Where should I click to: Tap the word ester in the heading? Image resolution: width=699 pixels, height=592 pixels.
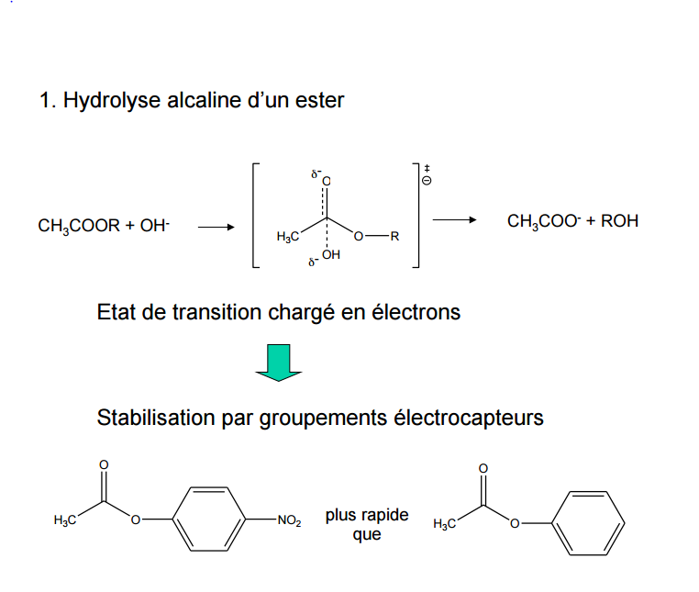319,100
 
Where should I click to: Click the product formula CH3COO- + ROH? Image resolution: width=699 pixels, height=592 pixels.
572,221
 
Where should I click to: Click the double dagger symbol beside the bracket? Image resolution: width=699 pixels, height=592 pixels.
427,167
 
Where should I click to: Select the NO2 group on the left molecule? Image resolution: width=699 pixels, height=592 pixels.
289,521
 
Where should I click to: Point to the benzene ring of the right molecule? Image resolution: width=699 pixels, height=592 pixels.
592,521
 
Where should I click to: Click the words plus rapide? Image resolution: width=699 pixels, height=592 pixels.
367,515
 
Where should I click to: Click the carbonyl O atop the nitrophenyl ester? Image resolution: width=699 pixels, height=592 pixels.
104,465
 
